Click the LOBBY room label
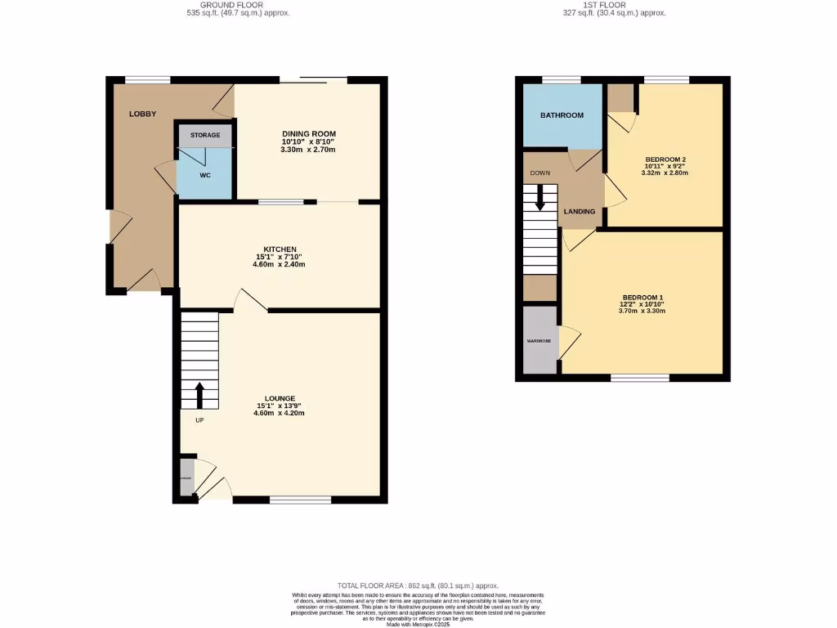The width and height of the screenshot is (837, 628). [142, 114]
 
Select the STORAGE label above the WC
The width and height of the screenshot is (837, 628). [205, 135]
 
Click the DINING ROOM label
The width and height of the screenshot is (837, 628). [309, 134]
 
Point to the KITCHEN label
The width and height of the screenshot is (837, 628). [280, 249]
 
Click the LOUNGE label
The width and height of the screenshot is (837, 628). [280, 398]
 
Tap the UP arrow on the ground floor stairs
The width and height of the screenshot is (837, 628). [199, 395]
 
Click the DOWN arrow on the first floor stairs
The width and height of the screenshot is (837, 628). [539, 197]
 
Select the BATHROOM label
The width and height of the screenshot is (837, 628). [562, 115]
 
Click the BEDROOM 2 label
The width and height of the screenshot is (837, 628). [665, 159]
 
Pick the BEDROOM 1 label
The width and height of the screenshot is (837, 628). [642, 297]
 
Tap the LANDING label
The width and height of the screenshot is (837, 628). [580, 212]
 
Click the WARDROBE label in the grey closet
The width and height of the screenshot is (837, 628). [539, 341]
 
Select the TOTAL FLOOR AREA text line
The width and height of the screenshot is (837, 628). [418, 585]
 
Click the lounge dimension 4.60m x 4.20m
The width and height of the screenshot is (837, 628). [280, 414]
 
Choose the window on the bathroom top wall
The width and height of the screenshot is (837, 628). [562, 79]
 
